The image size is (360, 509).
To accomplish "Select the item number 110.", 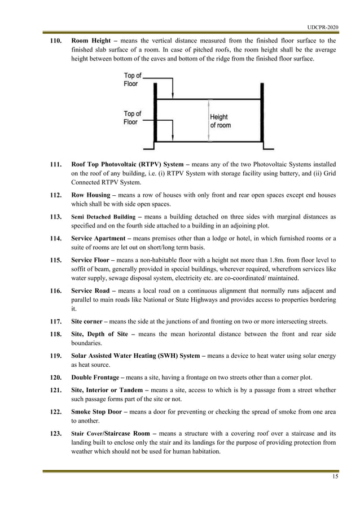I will click(55, 41).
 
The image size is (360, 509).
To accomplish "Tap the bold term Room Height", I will click(91, 41).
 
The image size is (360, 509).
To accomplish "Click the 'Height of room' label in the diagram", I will click(219, 121).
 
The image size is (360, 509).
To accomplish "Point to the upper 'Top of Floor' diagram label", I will click(133, 80).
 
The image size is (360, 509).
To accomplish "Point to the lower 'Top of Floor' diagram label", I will click(133, 117).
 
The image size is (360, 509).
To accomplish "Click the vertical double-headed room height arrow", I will click(209, 121).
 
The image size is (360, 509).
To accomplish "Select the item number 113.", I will click(55, 217).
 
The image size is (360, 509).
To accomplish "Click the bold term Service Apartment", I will click(100, 238).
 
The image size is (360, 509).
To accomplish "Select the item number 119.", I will click(55, 356).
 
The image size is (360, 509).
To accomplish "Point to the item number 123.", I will click(55, 432).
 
